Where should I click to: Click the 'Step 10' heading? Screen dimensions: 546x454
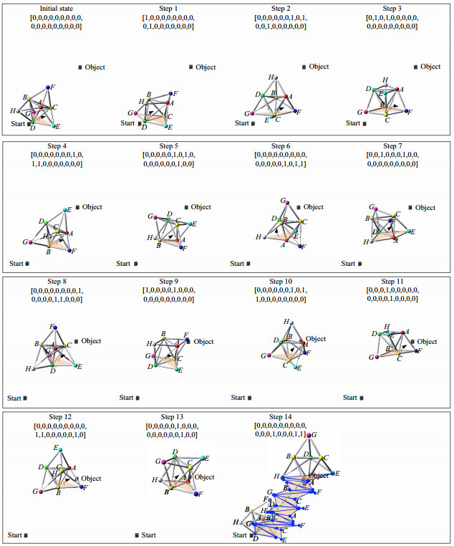pos(281,282)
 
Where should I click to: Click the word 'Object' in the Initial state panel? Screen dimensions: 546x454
pos(95,67)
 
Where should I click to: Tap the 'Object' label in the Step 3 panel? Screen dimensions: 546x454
pos(430,67)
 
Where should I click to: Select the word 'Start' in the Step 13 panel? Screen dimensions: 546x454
pos(149,535)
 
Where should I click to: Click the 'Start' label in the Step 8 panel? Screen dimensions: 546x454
pos(14,398)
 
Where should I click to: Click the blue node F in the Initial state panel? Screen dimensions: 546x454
pos(49,87)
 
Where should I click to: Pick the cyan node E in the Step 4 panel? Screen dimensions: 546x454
pos(66,209)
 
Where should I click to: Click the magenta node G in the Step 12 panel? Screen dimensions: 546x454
pos(42,492)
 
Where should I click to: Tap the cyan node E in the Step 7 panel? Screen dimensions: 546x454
pos(412,231)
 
